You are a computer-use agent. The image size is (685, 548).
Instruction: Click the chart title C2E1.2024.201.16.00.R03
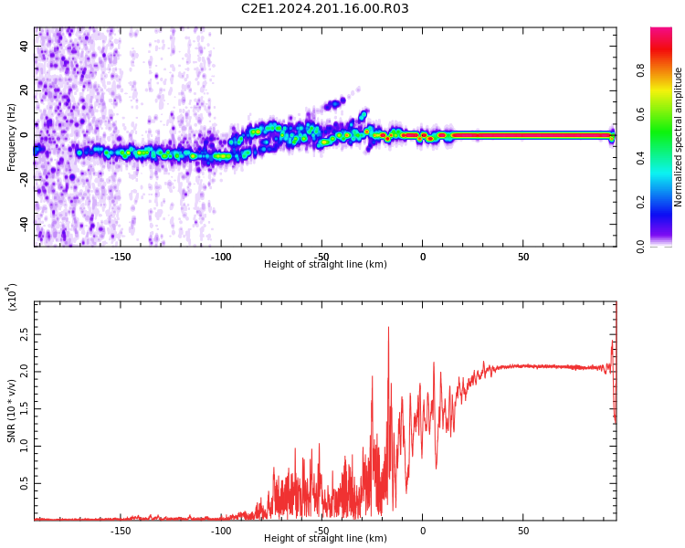click(325, 9)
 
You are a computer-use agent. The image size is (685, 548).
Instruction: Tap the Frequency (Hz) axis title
click(12, 137)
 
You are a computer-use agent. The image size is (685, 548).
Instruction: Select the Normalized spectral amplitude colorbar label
click(679, 137)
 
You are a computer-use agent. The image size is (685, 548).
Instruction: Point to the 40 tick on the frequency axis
click(25, 46)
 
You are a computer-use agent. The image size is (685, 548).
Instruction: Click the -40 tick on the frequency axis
click(23, 224)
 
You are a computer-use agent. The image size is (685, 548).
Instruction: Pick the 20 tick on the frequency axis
click(25, 90)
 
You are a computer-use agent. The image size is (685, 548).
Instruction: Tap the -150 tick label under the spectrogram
click(120, 257)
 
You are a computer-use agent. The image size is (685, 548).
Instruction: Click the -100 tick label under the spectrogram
click(221, 257)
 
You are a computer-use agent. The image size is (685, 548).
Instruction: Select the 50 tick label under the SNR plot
click(523, 531)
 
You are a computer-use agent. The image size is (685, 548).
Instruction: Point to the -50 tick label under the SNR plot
click(321, 531)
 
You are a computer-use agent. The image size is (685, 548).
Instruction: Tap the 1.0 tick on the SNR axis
click(25, 447)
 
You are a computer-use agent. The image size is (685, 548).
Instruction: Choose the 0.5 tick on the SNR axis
click(25, 484)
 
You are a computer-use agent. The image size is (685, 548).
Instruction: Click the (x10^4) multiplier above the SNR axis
click(13, 297)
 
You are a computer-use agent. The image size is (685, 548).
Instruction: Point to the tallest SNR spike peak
click(388, 328)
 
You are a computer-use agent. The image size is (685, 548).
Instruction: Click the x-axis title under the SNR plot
click(325, 539)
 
